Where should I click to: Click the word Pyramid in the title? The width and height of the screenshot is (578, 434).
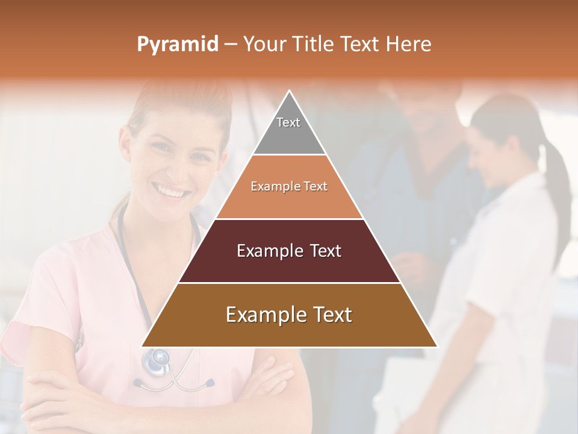177,45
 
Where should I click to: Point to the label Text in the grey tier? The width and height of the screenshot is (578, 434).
288,122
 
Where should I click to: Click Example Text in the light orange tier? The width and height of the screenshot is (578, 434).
289,186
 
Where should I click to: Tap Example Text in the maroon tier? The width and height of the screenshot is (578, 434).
289,251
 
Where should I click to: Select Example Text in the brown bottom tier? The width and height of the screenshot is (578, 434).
289,315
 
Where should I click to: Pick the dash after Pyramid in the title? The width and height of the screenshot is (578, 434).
230,45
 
